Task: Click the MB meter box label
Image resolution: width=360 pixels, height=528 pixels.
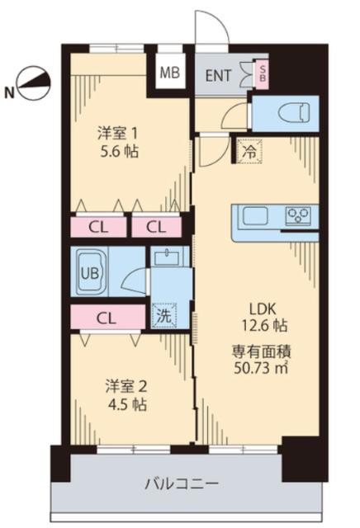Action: (169, 73)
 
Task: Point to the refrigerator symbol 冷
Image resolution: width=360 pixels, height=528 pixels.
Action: (247, 152)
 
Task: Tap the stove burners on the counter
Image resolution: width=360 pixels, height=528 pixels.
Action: (298, 217)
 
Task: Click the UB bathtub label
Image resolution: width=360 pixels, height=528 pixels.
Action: (88, 270)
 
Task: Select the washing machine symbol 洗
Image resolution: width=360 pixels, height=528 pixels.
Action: (162, 315)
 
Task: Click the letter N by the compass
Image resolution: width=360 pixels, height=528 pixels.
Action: (9, 92)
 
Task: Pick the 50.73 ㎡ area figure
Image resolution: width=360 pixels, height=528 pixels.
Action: (262, 367)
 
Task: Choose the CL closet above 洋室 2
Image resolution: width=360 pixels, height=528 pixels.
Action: (106, 317)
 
